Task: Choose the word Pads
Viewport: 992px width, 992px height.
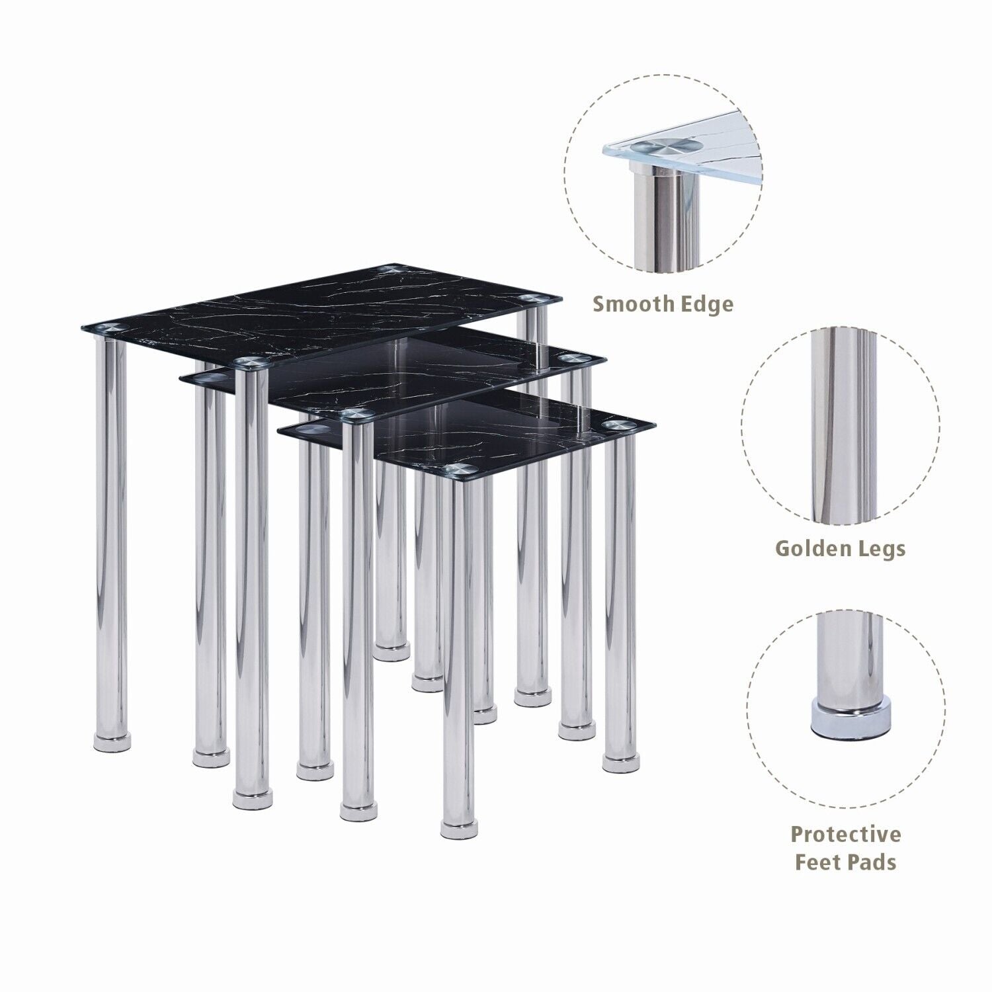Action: (876, 862)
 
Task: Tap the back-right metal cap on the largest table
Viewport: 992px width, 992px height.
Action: (529, 299)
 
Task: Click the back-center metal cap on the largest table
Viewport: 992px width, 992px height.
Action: (390, 269)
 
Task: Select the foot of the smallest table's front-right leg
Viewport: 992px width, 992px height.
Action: (460, 825)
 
